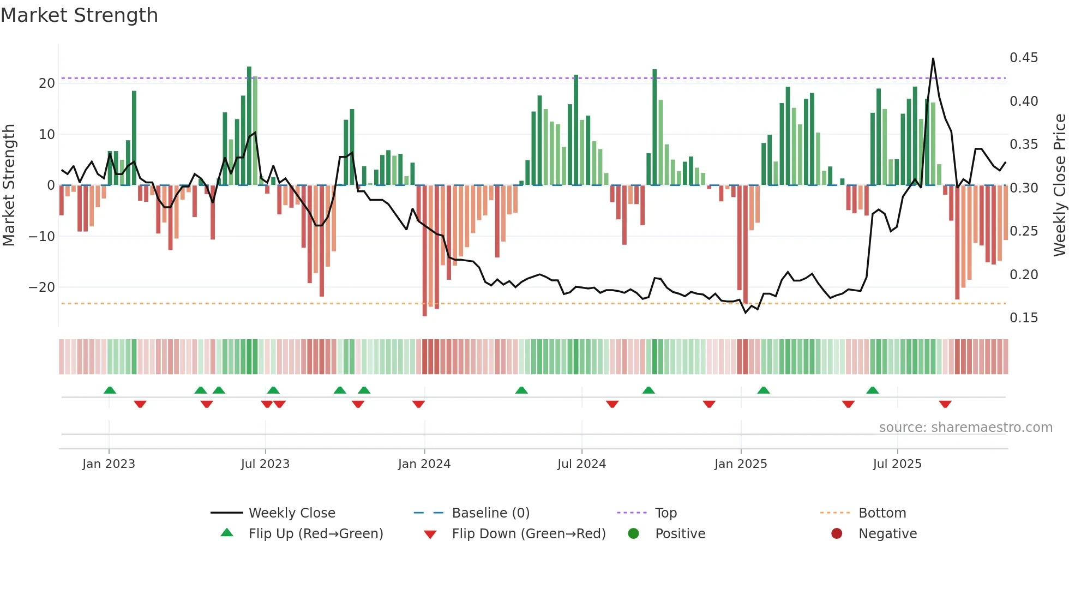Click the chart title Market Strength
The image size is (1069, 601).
pos(79,15)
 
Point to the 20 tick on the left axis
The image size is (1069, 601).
pos(47,83)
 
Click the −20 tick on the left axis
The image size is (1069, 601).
pos(42,287)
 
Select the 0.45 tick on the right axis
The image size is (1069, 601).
pos(1023,58)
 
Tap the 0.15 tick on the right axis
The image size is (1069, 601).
pos(1023,318)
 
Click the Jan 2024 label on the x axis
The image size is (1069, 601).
pos(424,464)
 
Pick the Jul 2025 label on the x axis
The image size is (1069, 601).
pos(897,464)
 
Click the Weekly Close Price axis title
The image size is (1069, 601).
pos(1059,185)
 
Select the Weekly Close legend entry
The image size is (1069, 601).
pos(291,513)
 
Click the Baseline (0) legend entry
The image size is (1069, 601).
pos(490,513)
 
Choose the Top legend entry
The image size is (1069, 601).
pos(665,513)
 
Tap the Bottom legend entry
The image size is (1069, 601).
pos(882,513)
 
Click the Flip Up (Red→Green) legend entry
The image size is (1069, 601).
pos(315,534)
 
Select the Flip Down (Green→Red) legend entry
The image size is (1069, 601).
pos(528,534)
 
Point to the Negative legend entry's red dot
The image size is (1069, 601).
pos(837,534)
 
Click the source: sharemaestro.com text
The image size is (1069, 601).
pos(965,428)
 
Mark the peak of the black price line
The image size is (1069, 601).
pos(933,58)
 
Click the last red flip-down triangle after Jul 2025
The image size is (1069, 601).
pos(945,404)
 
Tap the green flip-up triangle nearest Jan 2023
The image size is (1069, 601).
pos(110,390)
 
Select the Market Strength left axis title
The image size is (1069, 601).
pos(9,185)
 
